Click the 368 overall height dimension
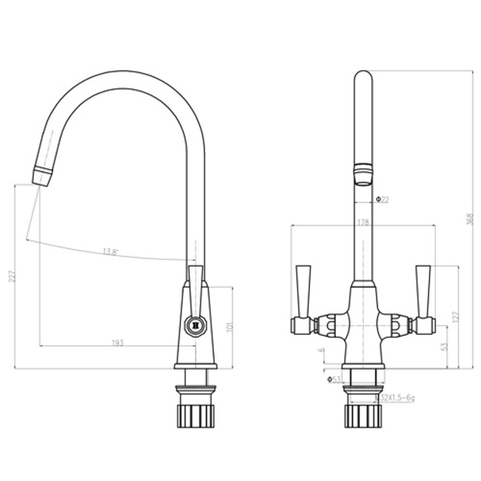coord(469,219)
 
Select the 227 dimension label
coord(12,276)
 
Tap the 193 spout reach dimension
coord(117,342)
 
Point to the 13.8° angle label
coord(111,252)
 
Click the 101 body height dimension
coord(229,326)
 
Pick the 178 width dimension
coord(363,222)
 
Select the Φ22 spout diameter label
coord(382,200)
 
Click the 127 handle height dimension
coord(455,317)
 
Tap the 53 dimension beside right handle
coord(444,346)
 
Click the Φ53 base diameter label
coord(334,379)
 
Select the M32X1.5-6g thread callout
coord(395,398)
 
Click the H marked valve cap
coord(195,325)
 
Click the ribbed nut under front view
coord(363,415)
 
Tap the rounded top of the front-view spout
coord(363,76)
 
